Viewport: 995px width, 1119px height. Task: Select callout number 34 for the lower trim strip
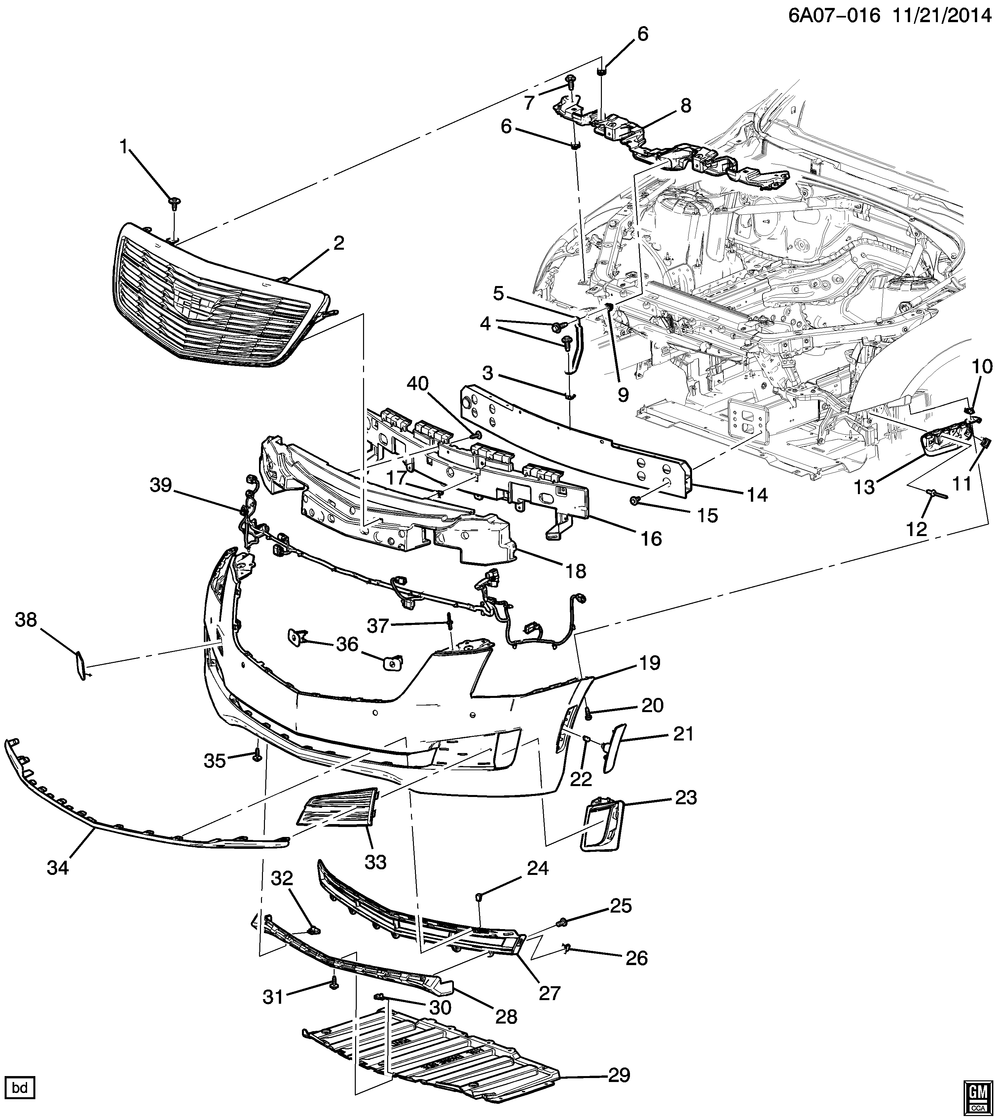tap(58, 867)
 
